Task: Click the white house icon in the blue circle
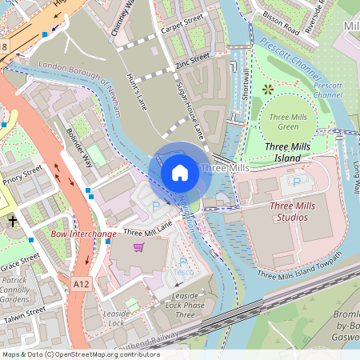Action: tap(180, 172)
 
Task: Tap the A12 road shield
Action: tap(82, 283)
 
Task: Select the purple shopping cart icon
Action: tap(139, 247)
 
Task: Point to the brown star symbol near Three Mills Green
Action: tap(267, 89)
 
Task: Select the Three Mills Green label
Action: tap(288, 121)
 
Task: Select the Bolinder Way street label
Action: tap(79, 146)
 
